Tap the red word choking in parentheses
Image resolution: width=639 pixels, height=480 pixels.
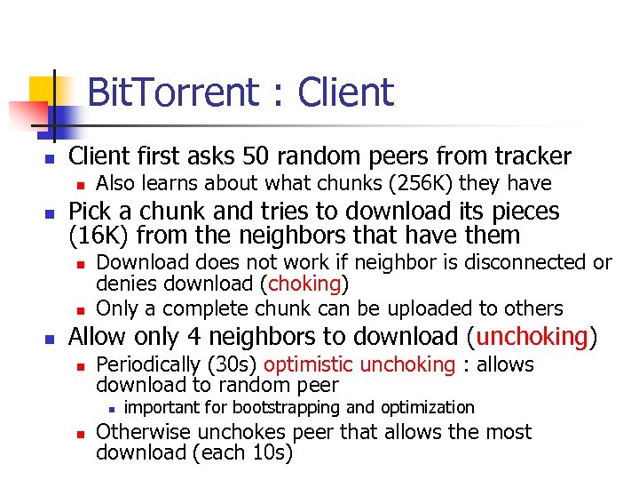(x=304, y=284)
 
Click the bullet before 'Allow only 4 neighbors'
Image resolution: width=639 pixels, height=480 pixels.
(x=50, y=339)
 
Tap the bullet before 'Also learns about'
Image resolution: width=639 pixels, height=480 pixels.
(x=79, y=185)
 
